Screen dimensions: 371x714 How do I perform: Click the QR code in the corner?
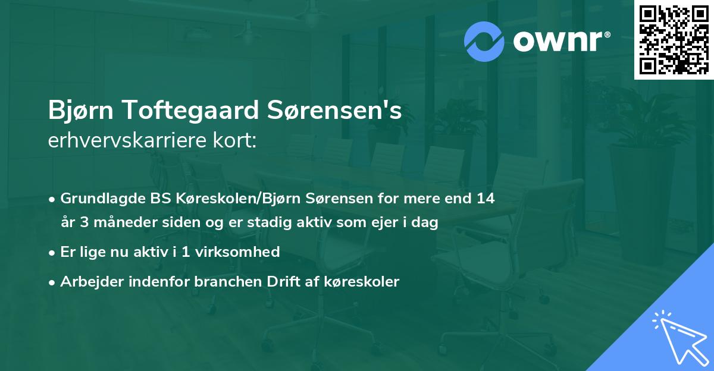(x=674, y=39)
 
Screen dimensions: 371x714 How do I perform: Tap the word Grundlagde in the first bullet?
(x=98, y=198)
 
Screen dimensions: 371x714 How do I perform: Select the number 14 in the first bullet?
(x=485, y=198)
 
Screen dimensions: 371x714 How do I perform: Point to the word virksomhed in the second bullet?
(x=242, y=251)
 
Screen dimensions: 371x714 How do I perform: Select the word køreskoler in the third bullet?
(x=365, y=281)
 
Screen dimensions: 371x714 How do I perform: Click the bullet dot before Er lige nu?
(x=53, y=252)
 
